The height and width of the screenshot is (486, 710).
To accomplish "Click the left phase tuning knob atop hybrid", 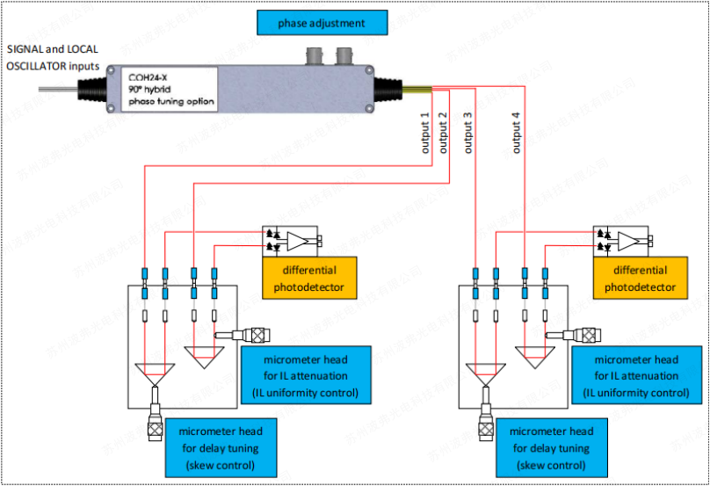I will coord(315,57).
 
